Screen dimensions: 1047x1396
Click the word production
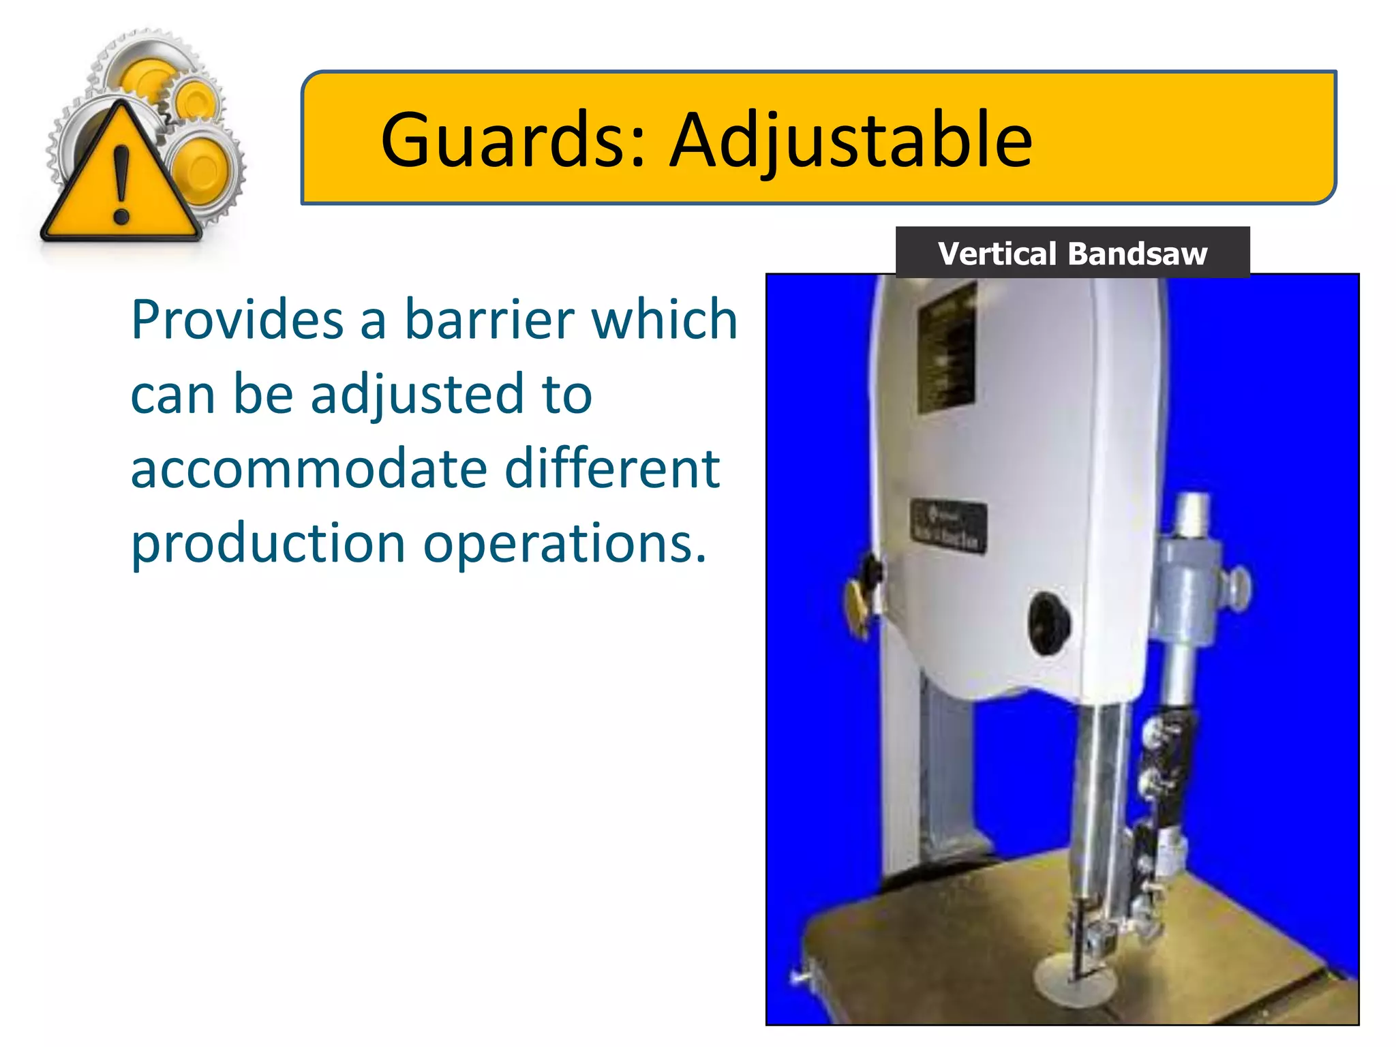tap(268, 545)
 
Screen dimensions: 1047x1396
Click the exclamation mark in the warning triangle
tap(121, 184)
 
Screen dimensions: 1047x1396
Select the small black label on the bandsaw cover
tap(948, 525)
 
